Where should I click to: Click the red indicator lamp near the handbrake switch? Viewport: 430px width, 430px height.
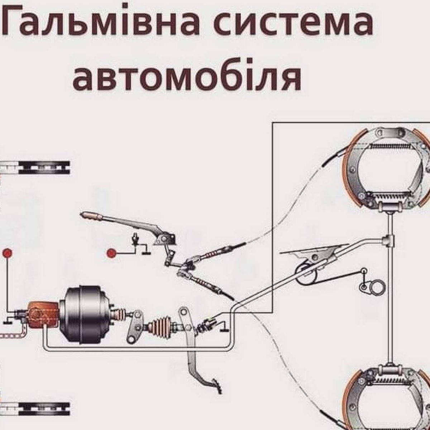pyautogui.click(x=111, y=253)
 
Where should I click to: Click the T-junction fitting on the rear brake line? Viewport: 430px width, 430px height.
pyautogui.click(x=390, y=239)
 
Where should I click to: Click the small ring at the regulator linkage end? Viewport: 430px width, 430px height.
pyautogui.click(x=364, y=271)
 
